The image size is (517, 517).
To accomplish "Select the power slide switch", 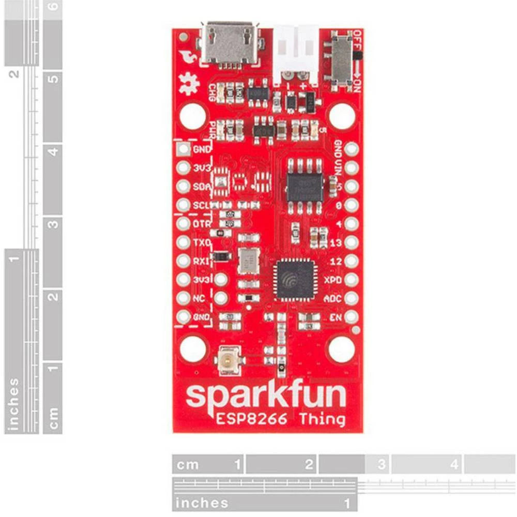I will point(340,61).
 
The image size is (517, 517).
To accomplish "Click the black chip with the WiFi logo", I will point(295,280).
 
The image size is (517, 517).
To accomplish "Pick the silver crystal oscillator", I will point(249,260).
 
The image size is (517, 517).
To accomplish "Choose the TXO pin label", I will point(200,242).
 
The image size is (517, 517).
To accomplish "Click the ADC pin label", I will point(332,298).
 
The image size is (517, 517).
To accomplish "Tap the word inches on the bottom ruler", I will point(202,503).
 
